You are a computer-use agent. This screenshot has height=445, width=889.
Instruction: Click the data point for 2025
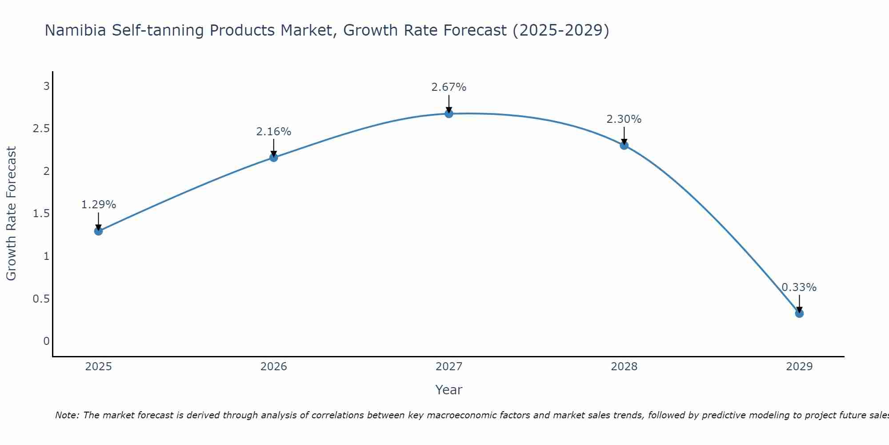(x=98, y=231)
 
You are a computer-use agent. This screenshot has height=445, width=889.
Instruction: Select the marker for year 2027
(x=449, y=113)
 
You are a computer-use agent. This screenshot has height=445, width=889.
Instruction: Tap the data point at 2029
(x=799, y=313)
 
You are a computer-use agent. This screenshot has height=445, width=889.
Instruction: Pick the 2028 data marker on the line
(x=624, y=145)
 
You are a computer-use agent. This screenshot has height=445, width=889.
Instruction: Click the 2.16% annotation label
(x=273, y=132)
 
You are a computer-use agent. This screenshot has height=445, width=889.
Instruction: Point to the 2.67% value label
(x=449, y=87)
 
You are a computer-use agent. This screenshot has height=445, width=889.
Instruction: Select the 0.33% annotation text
(x=799, y=287)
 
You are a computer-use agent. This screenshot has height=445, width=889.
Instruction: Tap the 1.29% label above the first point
(x=98, y=205)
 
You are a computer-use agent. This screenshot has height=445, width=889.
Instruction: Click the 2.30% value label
(x=624, y=119)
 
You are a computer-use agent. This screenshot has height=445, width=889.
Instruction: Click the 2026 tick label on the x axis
(x=273, y=367)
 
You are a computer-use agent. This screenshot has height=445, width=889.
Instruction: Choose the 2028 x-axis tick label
(x=624, y=367)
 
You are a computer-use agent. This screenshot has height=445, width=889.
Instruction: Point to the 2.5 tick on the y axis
(x=41, y=129)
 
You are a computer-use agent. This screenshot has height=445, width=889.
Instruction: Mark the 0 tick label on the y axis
(x=46, y=341)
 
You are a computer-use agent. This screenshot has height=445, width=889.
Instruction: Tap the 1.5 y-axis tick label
(x=41, y=214)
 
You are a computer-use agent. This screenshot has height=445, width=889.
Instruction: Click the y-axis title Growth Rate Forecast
(x=11, y=214)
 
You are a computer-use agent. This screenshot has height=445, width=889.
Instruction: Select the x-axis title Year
(x=449, y=390)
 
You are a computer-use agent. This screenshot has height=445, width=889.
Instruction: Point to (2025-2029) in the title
(x=561, y=30)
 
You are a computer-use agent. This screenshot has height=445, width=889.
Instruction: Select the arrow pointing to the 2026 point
(x=273, y=148)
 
